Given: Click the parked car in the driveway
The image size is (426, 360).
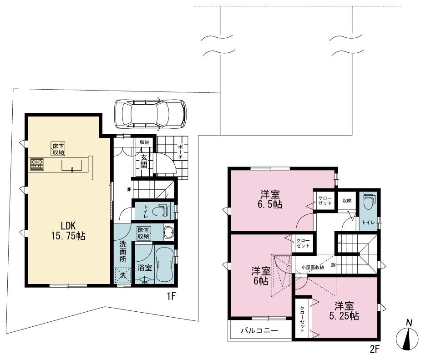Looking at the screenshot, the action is pyautogui.click(x=151, y=113).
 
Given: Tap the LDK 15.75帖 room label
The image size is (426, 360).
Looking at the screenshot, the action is pyautogui.click(x=68, y=231).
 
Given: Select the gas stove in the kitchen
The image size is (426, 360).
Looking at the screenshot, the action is pyautogui.click(x=37, y=165).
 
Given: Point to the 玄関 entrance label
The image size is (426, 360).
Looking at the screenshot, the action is pyautogui.click(x=144, y=161).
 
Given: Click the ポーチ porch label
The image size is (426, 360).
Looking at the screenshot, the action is pyautogui.click(x=181, y=152).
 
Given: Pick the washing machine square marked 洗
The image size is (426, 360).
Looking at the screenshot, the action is pyautogui.click(x=123, y=275).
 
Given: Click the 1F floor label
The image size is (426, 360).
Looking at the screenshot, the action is pyautogui.click(x=171, y=296).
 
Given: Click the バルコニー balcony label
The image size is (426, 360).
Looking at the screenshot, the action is pyautogui.click(x=259, y=330).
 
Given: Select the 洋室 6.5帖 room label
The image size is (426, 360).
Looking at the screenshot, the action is pyautogui.click(x=270, y=199).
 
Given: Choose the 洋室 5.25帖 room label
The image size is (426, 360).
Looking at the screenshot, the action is pyautogui.click(x=344, y=311).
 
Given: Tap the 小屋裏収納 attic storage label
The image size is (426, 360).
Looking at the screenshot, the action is pyautogui.click(x=313, y=267).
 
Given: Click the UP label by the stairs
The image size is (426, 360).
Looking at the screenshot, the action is pyautogui.click(x=129, y=189).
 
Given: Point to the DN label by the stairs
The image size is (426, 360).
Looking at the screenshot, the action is pyautogui.click(x=333, y=265).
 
